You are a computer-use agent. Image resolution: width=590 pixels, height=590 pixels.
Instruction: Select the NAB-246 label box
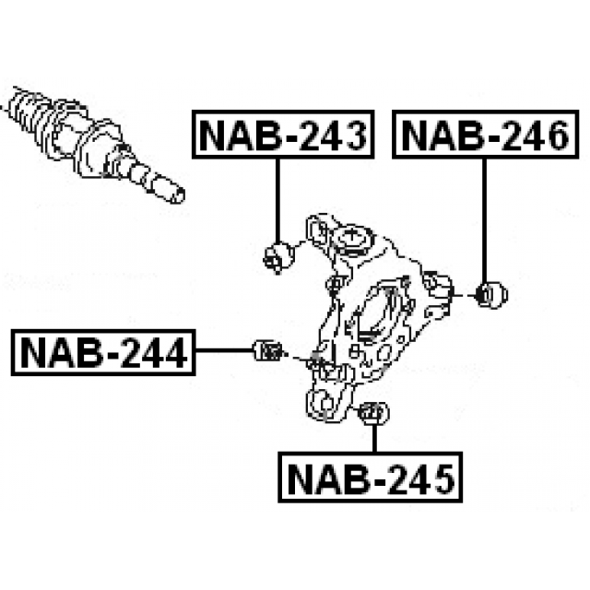pos(489,135)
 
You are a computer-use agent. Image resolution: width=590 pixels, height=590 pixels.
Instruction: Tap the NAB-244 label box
pos(102,351)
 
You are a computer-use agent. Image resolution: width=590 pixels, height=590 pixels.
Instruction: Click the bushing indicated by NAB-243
pos(277,254)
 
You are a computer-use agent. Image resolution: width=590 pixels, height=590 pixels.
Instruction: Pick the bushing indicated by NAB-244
pos(266,350)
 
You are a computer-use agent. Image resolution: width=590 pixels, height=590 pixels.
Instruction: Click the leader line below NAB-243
pos(277,198)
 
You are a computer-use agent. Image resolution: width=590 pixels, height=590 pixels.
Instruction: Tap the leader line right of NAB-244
pos(222,350)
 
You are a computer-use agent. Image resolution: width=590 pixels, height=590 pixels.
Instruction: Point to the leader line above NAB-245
pos(374,439)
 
